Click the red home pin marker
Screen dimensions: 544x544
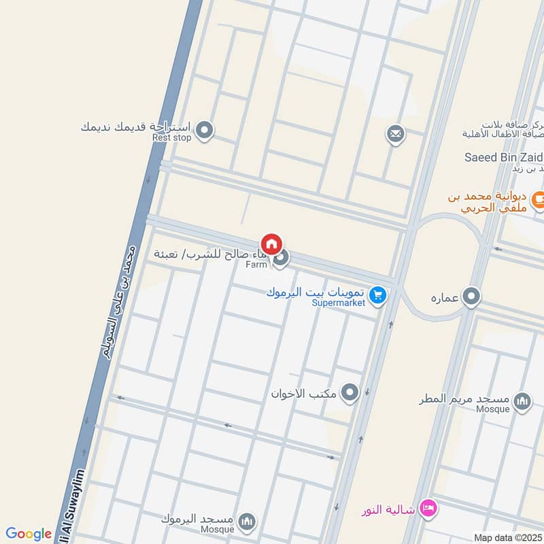(x=271, y=244)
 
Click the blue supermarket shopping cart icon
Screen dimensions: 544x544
(x=379, y=296)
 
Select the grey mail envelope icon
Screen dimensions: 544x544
(x=395, y=134)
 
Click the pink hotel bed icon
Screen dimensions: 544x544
(x=428, y=507)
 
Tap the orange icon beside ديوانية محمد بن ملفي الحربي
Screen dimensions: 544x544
(x=539, y=199)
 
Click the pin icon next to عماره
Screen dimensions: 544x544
(x=471, y=297)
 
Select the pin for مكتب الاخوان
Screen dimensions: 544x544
(x=350, y=392)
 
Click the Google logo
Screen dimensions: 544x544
(x=29, y=534)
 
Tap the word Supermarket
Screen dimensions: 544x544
(x=339, y=302)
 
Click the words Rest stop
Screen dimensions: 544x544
(x=172, y=137)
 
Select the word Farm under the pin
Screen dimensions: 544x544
(x=258, y=264)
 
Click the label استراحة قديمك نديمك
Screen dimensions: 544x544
(x=136, y=126)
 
